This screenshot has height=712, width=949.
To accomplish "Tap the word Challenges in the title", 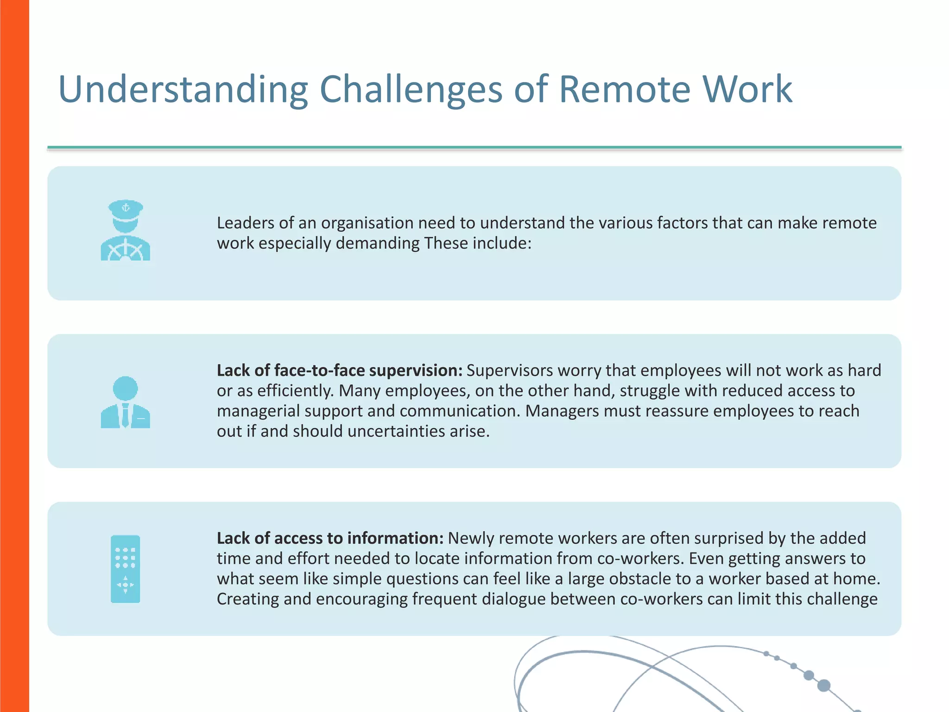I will click(411, 89).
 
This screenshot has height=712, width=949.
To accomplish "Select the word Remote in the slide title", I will click(624, 89).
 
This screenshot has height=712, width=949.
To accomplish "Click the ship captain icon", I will click(125, 231).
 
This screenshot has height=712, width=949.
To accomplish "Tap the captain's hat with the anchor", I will click(126, 210).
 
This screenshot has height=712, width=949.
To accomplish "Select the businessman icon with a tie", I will click(125, 402).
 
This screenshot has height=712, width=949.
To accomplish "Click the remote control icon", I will click(125, 569).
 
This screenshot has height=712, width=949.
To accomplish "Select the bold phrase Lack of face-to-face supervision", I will click(339, 370).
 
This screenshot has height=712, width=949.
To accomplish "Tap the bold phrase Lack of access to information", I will click(330, 538).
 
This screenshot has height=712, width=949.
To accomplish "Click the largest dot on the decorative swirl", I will click(823, 685).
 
